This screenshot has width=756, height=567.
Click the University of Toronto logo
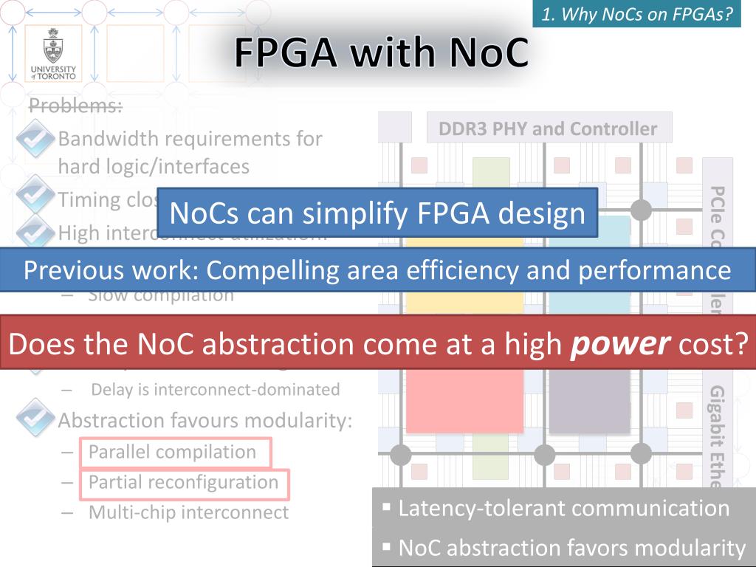53,53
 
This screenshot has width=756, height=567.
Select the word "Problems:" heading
75,106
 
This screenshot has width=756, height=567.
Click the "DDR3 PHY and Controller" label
548,129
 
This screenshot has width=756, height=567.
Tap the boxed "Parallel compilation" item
172,452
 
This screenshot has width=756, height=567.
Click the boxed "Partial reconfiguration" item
183,482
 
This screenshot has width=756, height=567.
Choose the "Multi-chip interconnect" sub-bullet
188,512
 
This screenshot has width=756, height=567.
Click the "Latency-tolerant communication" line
564,508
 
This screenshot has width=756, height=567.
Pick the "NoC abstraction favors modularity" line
571,548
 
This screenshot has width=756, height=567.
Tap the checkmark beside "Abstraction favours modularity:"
34,418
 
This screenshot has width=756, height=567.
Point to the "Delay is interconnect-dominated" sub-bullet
216,389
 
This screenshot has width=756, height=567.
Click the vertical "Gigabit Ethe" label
717,436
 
